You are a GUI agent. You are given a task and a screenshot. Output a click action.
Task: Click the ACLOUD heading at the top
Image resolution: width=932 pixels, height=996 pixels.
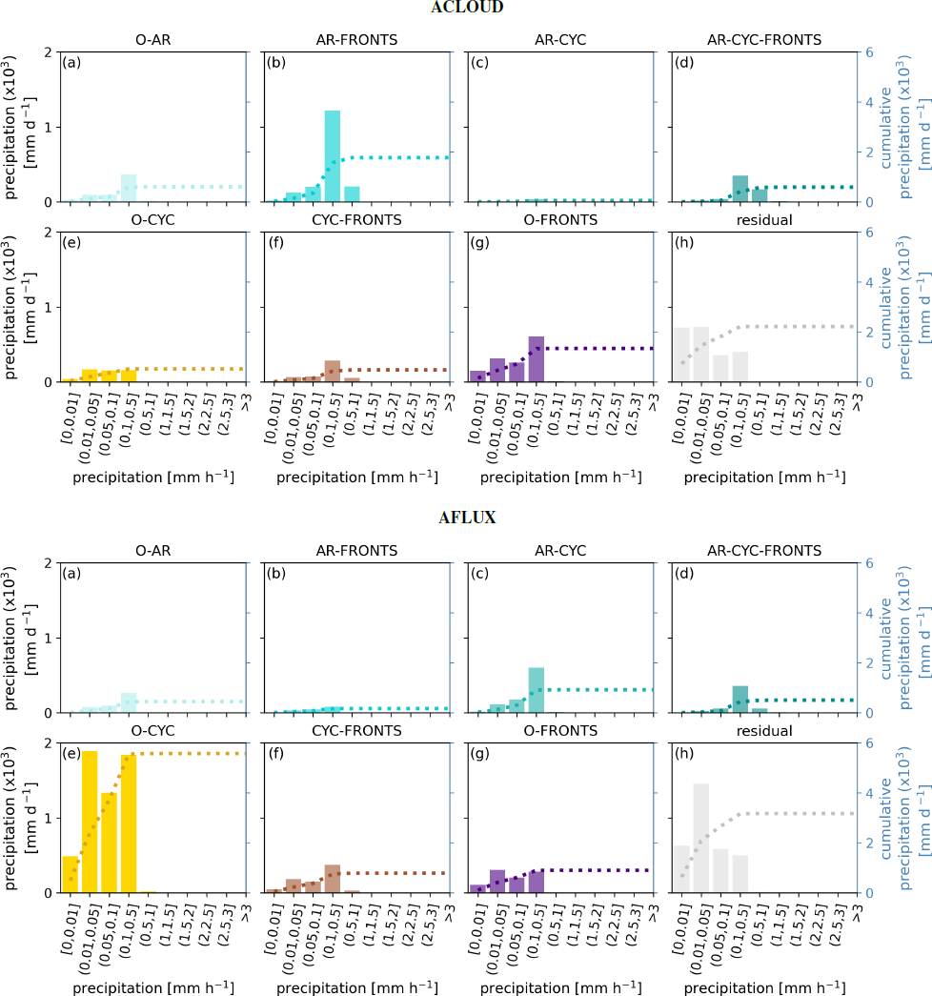point(465,7)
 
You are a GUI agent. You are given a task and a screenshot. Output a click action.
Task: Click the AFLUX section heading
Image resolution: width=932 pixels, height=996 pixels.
point(465,518)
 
